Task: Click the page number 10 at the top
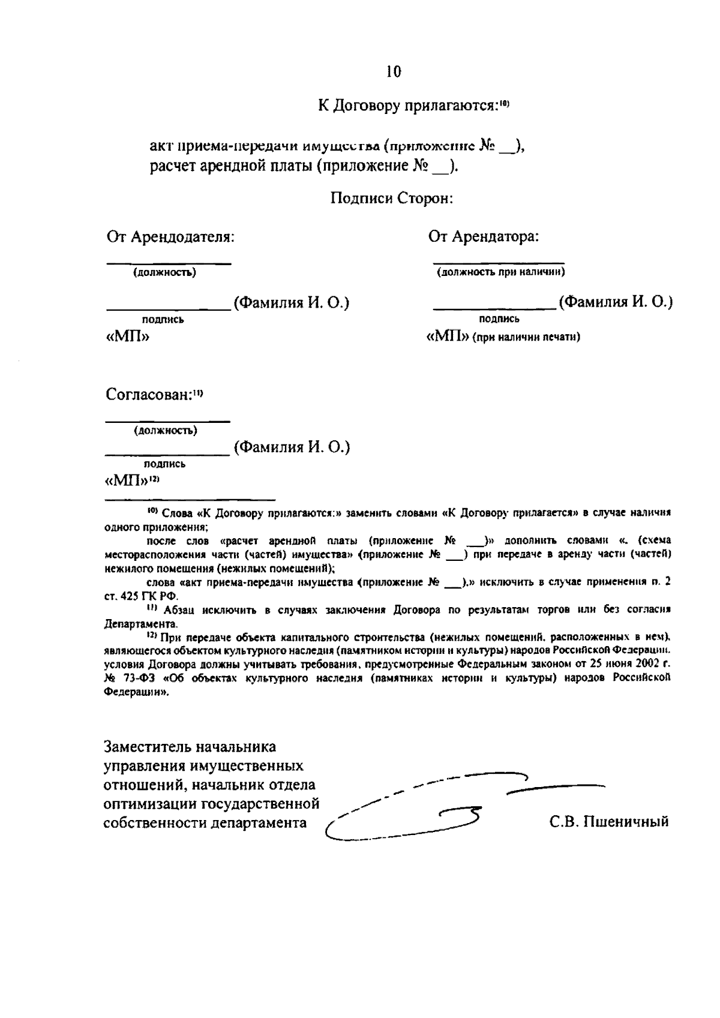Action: pos(394,72)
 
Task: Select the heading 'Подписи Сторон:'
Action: pos(392,198)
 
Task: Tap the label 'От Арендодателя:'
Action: pos(170,236)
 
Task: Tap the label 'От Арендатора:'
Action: pos(484,236)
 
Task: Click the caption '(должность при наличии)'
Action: pos(501,272)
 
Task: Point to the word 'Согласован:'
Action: pos(148,395)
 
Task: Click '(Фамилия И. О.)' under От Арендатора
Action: pos(615,302)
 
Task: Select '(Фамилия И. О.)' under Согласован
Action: pos(292,447)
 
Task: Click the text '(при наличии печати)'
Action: pos(526,338)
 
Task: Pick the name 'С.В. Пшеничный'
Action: pos(609,821)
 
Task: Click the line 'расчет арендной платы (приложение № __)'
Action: pos(303,166)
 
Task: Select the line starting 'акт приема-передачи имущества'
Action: pos(336,146)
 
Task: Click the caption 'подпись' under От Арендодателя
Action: pos(163,320)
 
